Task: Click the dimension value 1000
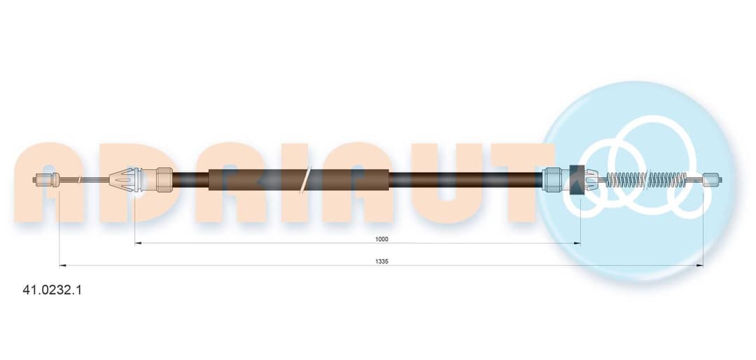point(381,239)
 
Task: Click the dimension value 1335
point(381,261)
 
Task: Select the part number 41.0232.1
point(52,290)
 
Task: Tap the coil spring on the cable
point(645,179)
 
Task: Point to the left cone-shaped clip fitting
point(122,179)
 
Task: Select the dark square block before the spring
point(577,179)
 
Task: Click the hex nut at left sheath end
point(164,179)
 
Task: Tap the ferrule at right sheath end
point(552,179)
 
